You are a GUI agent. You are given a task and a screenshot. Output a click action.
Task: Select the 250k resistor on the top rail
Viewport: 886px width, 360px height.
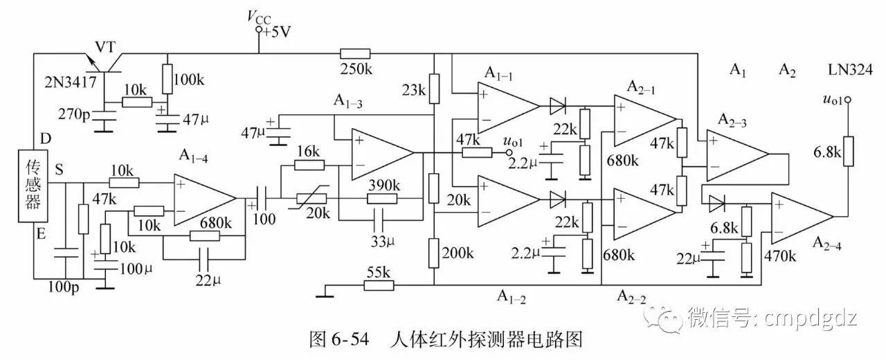tap(355, 54)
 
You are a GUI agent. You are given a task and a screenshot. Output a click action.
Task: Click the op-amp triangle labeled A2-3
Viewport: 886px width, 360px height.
tap(735, 153)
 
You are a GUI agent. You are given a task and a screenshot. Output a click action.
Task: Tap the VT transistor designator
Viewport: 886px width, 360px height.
tap(106, 46)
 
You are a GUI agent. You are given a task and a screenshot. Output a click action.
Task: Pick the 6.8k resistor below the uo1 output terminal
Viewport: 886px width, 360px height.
tap(847, 152)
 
